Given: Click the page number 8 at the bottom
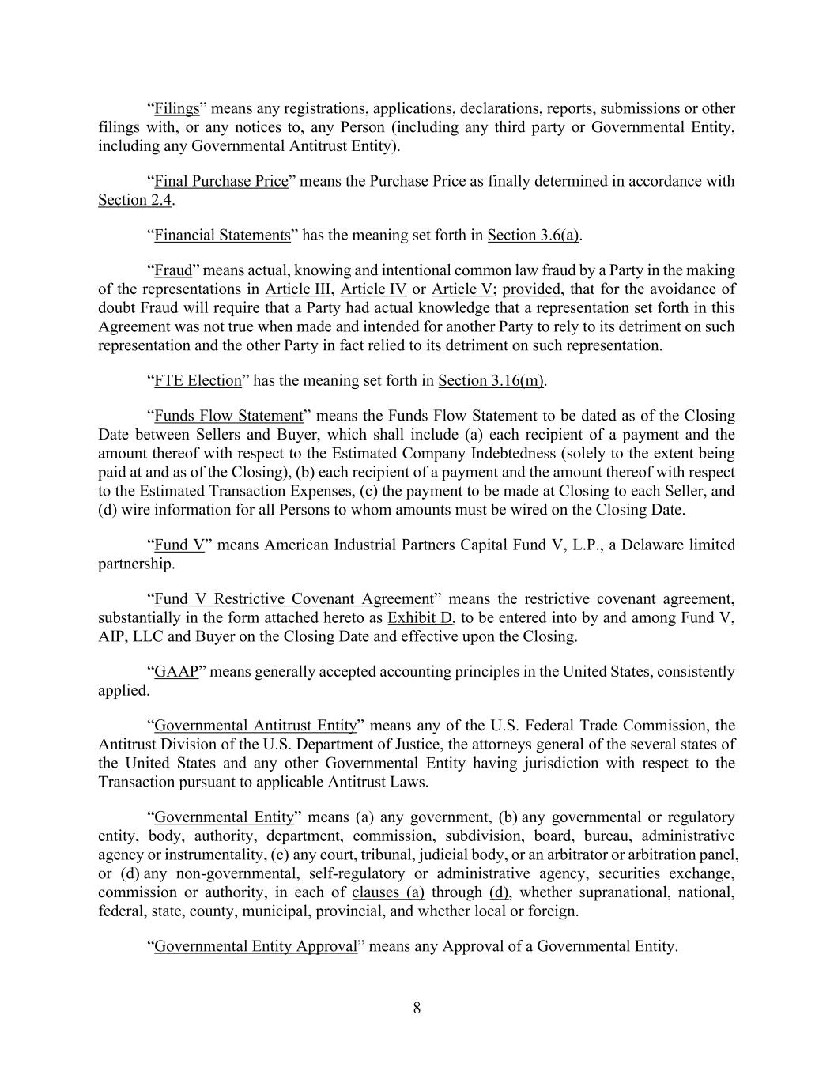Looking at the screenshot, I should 417,1008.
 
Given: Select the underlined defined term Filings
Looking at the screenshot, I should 176,108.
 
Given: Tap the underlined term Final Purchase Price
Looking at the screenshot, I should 221,181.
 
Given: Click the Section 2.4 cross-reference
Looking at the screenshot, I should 134,200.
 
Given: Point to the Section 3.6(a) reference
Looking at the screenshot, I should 534,235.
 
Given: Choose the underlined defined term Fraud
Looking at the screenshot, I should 173,270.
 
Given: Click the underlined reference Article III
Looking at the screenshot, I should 299,289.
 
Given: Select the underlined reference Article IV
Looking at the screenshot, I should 373,289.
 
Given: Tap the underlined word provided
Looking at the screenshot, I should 530,289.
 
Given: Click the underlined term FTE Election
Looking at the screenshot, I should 198,380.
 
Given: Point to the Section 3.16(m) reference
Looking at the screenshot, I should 491,380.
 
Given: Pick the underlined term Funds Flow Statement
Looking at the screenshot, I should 228,416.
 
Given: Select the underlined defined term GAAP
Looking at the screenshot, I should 175,672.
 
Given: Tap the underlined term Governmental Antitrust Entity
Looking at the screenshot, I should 255,726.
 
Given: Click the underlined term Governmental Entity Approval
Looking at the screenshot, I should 255,946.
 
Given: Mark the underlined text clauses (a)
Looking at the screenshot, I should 388,892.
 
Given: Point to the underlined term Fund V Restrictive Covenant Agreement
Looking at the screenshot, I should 294,598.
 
